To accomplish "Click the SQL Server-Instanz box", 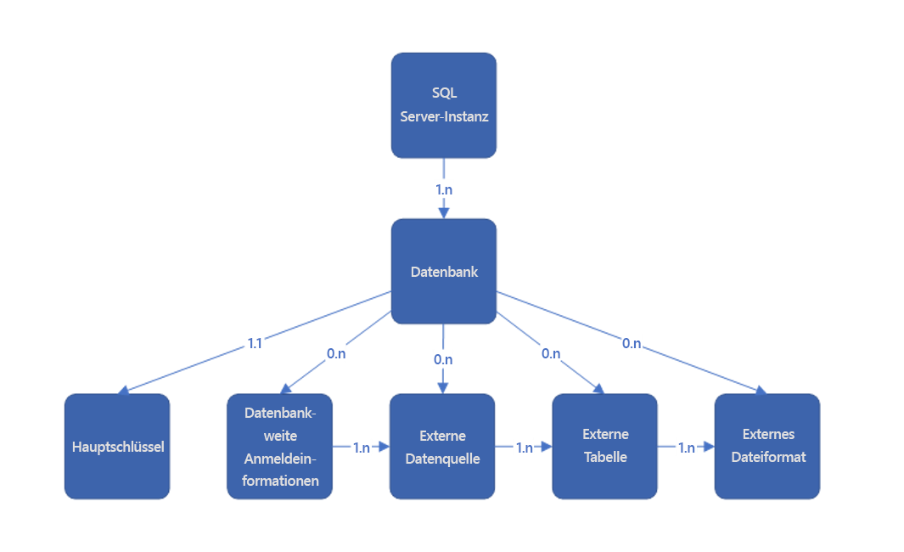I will [x=443, y=105].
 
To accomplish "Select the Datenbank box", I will [x=443, y=272].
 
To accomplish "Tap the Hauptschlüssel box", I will [x=117, y=446].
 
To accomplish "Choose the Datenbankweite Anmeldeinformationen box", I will [x=280, y=446].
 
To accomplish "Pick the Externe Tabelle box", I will [x=605, y=446].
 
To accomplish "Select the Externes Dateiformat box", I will [x=767, y=446].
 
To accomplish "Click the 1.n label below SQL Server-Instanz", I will [x=444, y=189].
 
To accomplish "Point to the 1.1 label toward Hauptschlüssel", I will [x=255, y=343].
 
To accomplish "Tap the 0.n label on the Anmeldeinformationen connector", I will [x=336, y=352].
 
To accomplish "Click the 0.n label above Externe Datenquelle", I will [x=443, y=359].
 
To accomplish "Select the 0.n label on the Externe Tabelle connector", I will [x=551, y=352].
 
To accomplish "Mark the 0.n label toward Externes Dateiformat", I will [x=632, y=343].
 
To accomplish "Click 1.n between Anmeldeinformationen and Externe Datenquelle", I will [x=362, y=448].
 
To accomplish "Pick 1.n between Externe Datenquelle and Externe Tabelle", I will [x=525, y=448].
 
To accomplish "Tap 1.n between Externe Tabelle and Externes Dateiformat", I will [x=687, y=448].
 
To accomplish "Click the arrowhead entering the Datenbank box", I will [x=444, y=213].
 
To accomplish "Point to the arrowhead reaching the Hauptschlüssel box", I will [x=124, y=390].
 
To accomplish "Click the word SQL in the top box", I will [x=444, y=93].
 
